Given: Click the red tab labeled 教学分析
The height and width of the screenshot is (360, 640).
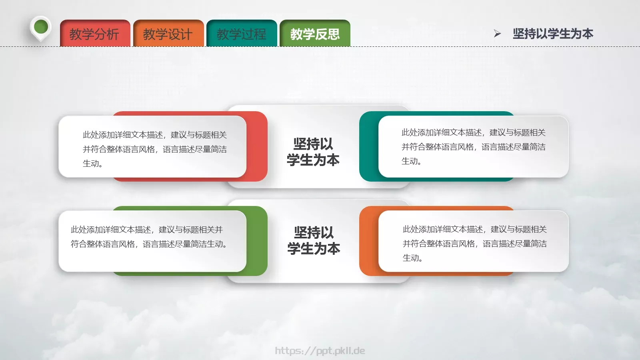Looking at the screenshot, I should [x=95, y=34].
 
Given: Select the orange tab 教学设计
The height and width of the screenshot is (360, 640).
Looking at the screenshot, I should [x=168, y=34].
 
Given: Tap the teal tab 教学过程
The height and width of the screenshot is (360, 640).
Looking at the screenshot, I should [x=242, y=34].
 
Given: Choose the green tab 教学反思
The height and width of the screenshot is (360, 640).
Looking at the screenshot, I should [x=315, y=34].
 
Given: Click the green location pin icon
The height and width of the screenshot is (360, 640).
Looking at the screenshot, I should [x=41, y=28].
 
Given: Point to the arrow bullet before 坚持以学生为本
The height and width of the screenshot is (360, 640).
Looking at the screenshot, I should [x=497, y=34].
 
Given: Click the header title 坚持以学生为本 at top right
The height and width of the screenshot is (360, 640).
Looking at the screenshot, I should [x=553, y=34].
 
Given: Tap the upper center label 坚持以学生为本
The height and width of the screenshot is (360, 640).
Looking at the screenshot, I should [x=313, y=152].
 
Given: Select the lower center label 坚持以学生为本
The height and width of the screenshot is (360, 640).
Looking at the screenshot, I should [x=314, y=240].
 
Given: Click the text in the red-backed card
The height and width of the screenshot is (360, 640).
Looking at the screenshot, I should [x=154, y=149].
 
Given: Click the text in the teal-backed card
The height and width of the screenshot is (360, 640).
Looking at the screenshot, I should [x=473, y=146].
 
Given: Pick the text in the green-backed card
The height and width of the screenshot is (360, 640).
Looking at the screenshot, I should [x=149, y=237].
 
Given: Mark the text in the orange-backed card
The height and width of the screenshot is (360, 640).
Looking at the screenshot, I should [x=474, y=243].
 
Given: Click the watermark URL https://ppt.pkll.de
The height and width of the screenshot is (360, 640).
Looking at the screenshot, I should [x=320, y=351].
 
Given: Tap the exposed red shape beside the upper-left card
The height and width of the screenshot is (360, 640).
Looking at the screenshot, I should [x=257, y=146].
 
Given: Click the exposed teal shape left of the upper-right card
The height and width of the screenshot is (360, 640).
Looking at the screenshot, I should [x=368, y=146].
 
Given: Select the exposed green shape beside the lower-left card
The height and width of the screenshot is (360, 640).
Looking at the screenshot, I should [x=257, y=241].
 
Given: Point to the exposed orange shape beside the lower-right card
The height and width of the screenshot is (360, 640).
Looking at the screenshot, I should [x=368, y=241].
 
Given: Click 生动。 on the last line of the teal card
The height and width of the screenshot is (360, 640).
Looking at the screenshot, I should [x=411, y=161].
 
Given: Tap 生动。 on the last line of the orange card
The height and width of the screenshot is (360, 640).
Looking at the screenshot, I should [x=412, y=258].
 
